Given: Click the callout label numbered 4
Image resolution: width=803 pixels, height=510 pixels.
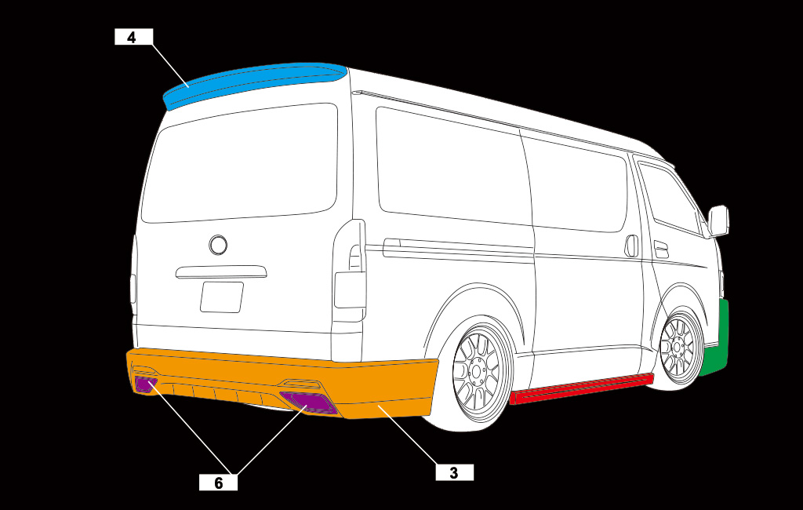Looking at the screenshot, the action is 133,37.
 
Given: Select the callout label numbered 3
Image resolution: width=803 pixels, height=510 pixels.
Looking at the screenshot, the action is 454,472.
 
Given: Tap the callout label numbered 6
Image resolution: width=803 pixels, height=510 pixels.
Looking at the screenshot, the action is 218,483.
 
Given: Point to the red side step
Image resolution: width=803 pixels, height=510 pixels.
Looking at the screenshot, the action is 582,388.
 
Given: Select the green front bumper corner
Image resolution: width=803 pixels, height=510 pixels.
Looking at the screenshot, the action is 717,341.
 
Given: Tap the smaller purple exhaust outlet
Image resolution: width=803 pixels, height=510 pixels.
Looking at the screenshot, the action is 145,384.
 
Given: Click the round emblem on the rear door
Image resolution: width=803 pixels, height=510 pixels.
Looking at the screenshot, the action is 218,245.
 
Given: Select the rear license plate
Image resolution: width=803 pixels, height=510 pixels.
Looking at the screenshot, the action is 222,297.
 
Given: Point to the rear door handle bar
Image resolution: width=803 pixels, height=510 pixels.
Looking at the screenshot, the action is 221,272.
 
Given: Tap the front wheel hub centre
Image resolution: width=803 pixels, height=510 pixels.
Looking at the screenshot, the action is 677,348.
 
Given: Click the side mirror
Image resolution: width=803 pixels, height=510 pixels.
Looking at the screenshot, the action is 718,221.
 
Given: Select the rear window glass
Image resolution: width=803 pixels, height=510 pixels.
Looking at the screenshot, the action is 240,163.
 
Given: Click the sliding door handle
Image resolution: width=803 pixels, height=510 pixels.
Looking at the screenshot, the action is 632,246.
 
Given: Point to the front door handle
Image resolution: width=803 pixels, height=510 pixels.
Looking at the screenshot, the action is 661,250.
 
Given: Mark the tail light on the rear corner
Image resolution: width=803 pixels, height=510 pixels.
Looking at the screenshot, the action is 350,271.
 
